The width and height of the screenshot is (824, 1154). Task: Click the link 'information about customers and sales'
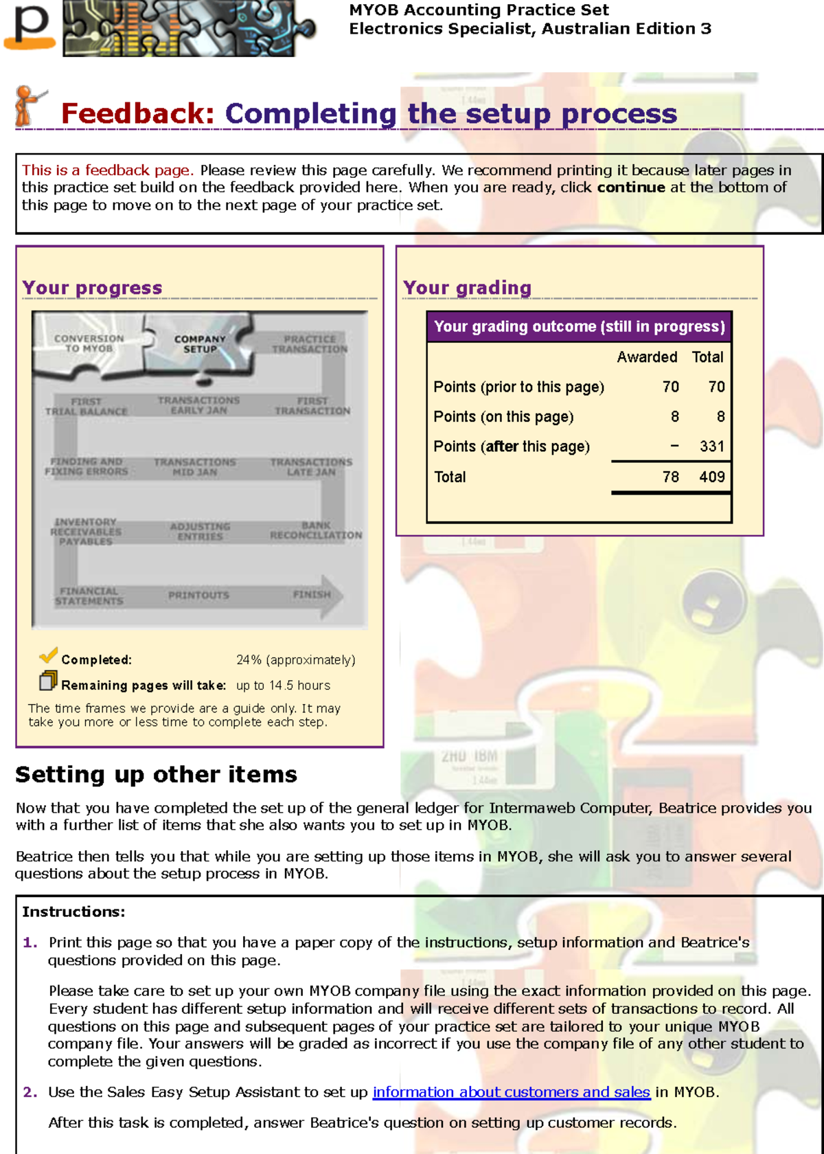pyautogui.click(x=511, y=1092)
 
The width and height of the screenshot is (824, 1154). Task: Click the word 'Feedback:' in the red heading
pyautogui.click(x=138, y=114)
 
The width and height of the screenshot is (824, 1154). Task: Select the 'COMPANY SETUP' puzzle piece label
pyautogui.click(x=200, y=344)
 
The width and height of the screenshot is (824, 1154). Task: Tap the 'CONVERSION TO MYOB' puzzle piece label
pyautogui.click(x=89, y=343)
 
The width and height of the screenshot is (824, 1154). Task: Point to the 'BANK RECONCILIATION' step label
pyautogui.click(x=316, y=530)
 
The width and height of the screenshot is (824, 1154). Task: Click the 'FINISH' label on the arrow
pyautogui.click(x=312, y=595)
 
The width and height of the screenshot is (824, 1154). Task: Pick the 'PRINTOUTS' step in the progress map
pyautogui.click(x=198, y=596)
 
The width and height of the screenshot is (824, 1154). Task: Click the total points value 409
pyautogui.click(x=712, y=477)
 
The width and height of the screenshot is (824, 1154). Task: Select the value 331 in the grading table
pyautogui.click(x=712, y=446)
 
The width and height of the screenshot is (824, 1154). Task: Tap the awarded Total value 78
pyautogui.click(x=671, y=477)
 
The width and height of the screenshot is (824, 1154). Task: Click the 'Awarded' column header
pyautogui.click(x=647, y=357)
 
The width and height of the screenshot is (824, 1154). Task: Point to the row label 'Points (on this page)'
pyautogui.click(x=503, y=417)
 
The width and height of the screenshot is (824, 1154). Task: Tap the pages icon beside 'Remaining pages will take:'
pyautogui.click(x=48, y=681)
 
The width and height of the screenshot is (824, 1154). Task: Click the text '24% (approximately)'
pyautogui.click(x=296, y=660)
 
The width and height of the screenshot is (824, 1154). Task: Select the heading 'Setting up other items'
pyautogui.click(x=157, y=775)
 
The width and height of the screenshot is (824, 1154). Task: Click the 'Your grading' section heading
pyautogui.click(x=467, y=288)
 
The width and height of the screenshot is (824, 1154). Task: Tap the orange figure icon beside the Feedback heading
pyautogui.click(x=27, y=106)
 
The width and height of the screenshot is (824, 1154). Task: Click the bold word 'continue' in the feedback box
pyautogui.click(x=631, y=188)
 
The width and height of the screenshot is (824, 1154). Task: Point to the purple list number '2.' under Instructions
pyautogui.click(x=30, y=1092)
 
